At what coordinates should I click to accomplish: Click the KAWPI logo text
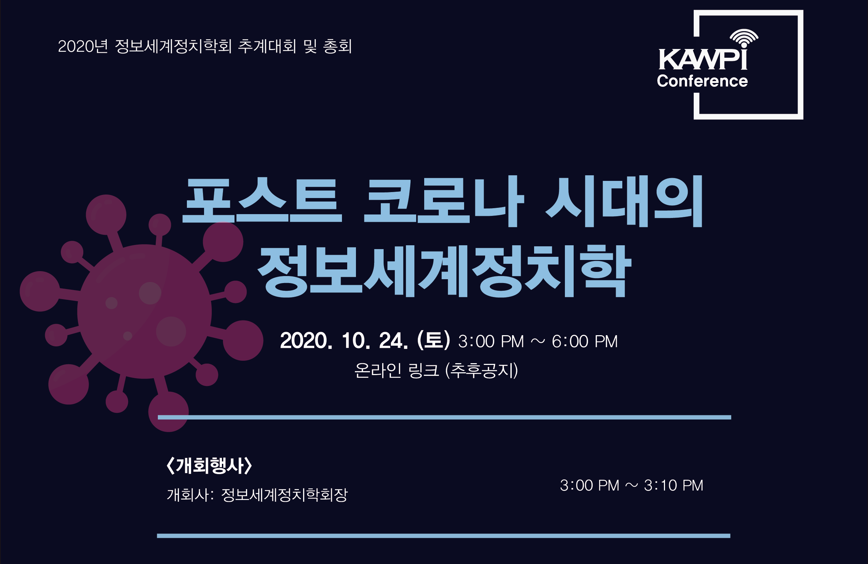(703, 59)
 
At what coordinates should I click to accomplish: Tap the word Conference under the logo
(702, 81)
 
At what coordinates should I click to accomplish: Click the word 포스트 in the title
(262, 200)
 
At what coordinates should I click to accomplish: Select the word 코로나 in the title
(444, 201)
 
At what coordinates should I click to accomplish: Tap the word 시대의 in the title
(624, 201)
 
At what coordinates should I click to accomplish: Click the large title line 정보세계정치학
(444, 271)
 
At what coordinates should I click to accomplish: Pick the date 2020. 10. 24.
(344, 340)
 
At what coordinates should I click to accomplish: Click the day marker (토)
(434, 340)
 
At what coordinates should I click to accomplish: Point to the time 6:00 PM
(584, 341)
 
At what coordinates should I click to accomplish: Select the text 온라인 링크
(397, 371)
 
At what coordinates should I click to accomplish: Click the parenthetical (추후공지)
(481, 371)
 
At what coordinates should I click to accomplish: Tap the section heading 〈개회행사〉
(209, 465)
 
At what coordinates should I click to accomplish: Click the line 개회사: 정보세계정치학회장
(257, 495)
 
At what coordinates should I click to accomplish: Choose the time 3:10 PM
(673, 485)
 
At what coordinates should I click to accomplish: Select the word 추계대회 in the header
(267, 46)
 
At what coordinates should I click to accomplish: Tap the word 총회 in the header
(337, 46)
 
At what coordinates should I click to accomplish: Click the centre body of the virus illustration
(145, 311)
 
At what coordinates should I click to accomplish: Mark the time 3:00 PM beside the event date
(491, 341)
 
